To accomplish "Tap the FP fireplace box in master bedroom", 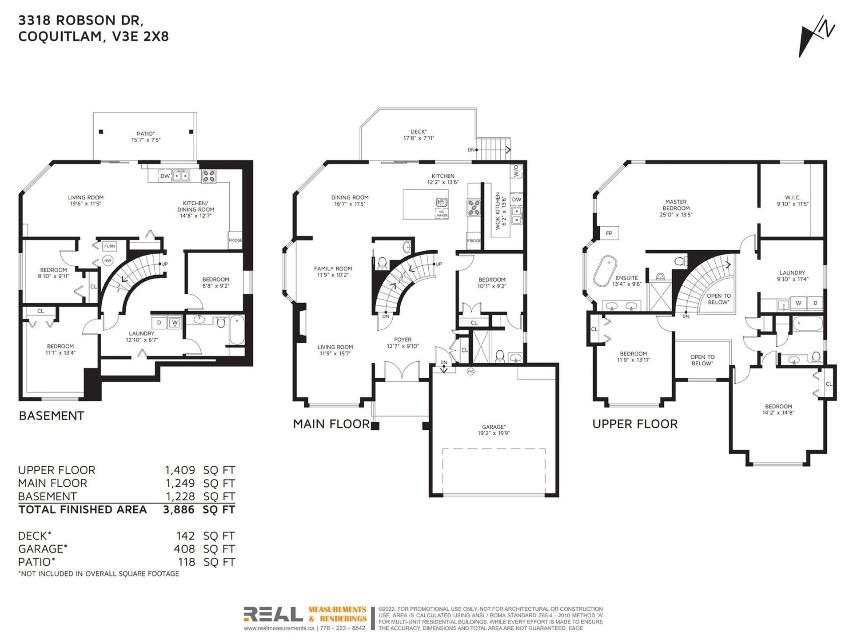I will pyautogui.click(x=609, y=233).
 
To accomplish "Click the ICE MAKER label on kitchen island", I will pyautogui.click(x=442, y=213).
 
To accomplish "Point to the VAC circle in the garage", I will pyautogui.click(x=470, y=371).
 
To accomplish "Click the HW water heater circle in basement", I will pyautogui.click(x=108, y=260).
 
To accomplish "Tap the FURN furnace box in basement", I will pyautogui.click(x=109, y=246).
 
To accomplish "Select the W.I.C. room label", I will pyautogui.click(x=792, y=197).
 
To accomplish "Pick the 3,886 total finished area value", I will pyautogui.click(x=179, y=509).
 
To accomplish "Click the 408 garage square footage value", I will pyautogui.click(x=184, y=549).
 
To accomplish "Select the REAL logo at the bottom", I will pyautogui.click(x=273, y=614).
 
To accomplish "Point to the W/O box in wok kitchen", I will pyautogui.click(x=516, y=170).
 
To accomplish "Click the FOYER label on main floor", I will pyautogui.click(x=403, y=340).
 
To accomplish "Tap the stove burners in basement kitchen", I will pyautogui.click(x=208, y=176).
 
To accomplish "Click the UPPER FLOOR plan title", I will pyautogui.click(x=635, y=424).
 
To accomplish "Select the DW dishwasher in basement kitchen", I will pyautogui.click(x=165, y=176).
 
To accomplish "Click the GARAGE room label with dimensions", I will pyautogui.click(x=493, y=427).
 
